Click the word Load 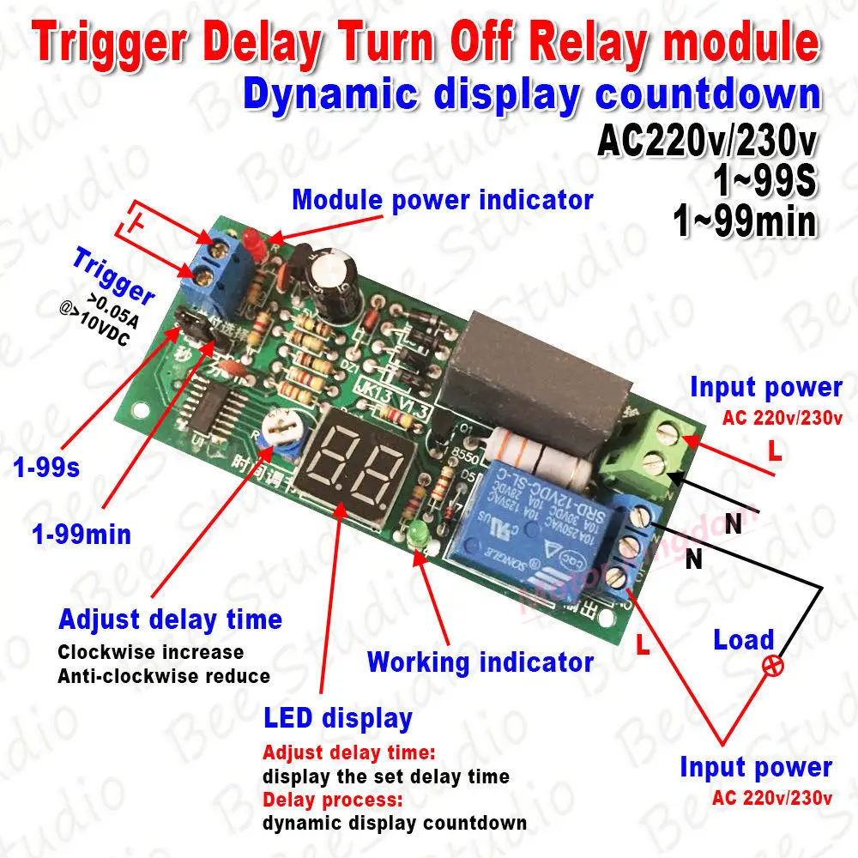click(x=743, y=640)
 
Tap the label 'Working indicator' click(x=480, y=662)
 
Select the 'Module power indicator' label click(x=443, y=200)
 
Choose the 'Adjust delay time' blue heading click(x=170, y=619)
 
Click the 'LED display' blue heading click(x=338, y=718)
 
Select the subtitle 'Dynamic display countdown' click(x=532, y=95)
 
